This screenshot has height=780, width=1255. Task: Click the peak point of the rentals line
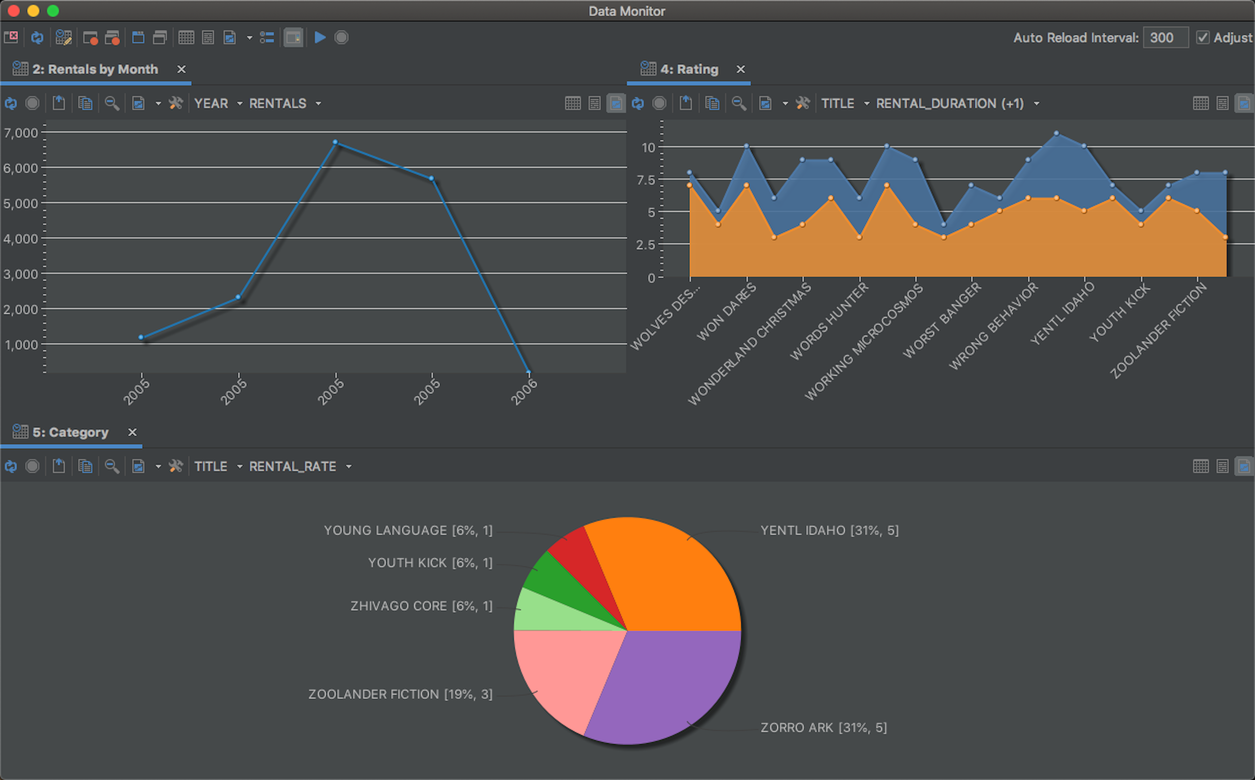(335, 142)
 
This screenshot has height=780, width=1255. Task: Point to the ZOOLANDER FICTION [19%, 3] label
(400, 694)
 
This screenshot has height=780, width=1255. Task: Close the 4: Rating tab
(741, 69)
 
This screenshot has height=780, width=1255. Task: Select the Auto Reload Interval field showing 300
(1165, 38)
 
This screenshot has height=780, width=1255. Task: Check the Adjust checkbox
(1203, 38)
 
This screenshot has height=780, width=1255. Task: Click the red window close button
(14, 11)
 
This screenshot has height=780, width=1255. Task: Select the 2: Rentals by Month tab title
(95, 69)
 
